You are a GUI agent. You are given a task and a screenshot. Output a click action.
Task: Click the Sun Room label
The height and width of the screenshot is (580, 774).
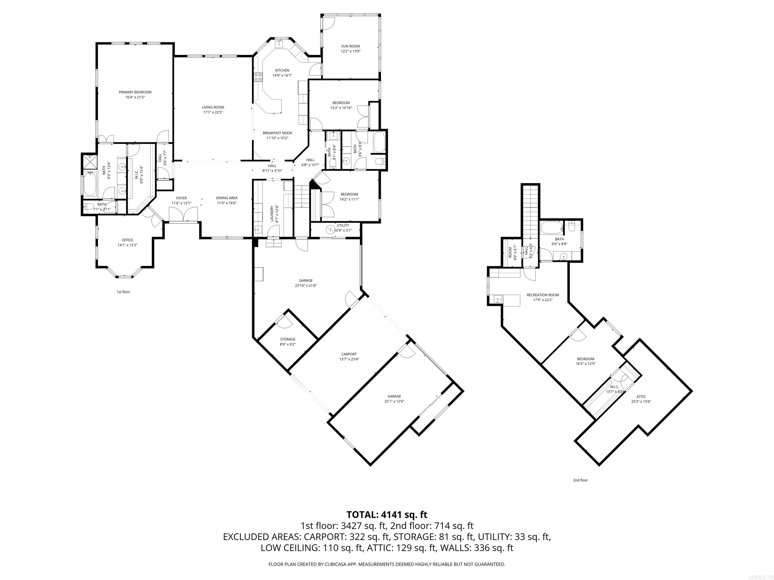350,46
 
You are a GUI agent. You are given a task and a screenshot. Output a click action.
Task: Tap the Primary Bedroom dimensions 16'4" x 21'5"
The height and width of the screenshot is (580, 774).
135,97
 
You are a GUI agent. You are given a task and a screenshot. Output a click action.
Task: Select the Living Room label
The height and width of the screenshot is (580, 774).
213,107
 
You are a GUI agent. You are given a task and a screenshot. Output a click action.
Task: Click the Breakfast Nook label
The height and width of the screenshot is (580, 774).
277,133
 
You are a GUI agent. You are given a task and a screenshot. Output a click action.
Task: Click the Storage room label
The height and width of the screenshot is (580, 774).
288,339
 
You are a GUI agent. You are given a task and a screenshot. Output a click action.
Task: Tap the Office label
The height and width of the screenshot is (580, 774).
127,240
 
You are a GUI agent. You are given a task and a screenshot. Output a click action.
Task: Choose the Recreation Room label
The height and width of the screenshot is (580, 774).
543,295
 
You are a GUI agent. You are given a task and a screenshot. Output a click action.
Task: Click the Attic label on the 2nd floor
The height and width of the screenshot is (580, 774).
641,397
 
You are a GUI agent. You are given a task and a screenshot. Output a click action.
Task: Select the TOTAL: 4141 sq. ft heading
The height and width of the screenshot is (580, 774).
387,515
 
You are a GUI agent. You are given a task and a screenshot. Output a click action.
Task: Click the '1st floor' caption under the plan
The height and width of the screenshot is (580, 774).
123,292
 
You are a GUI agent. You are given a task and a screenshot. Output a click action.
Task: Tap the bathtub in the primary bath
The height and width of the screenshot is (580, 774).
90,184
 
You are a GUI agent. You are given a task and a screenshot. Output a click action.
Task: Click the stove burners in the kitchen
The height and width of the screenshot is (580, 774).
258,77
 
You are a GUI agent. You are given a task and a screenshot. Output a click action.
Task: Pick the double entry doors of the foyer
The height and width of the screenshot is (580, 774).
183,214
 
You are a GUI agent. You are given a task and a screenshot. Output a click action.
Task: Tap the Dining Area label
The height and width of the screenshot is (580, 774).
227,198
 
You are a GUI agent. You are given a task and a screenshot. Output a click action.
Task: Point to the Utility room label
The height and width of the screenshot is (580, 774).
343,226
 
